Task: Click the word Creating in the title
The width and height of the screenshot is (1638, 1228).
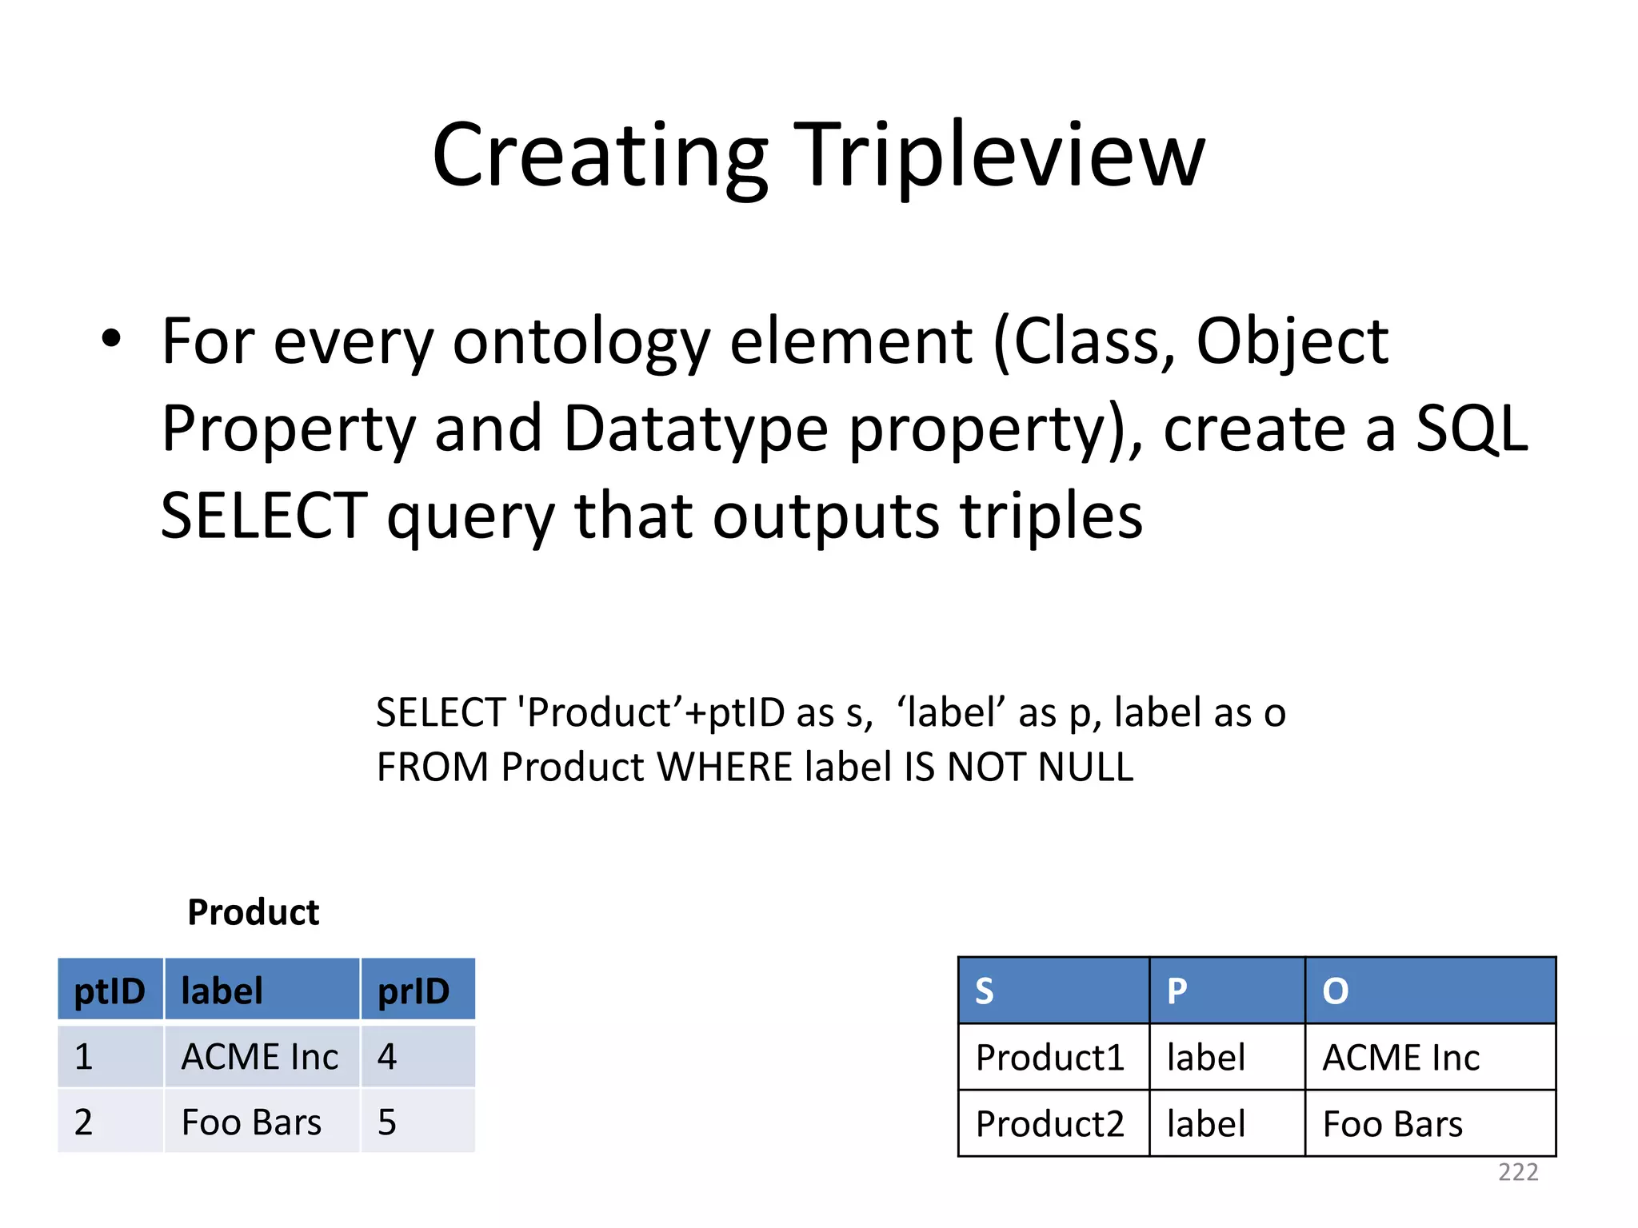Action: [600, 156]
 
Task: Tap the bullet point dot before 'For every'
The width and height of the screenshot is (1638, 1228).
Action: [111, 339]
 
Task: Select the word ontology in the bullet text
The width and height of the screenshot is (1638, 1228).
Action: [581, 342]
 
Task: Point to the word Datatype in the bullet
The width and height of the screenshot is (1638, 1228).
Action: [696, 429]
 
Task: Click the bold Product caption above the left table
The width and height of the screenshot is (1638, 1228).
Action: [253, 912]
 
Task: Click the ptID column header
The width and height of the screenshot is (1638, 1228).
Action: [110, 991]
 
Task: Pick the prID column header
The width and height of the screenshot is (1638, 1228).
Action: [413, 991]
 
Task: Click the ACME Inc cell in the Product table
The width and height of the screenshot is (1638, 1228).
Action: [260, 1057]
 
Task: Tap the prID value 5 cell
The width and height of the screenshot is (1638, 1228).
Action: [387, 1122]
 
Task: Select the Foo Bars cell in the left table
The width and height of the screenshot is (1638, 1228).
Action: [251, 1122]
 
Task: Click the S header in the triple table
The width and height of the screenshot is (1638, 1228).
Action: [985, 991]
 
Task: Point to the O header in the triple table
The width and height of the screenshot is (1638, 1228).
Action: [1335, 991]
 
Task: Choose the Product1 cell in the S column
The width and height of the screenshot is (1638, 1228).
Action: [1049, 1058]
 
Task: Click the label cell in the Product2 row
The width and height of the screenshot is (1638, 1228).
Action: [1205, 1124]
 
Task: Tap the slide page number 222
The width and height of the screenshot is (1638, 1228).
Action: [1518, 1172]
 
